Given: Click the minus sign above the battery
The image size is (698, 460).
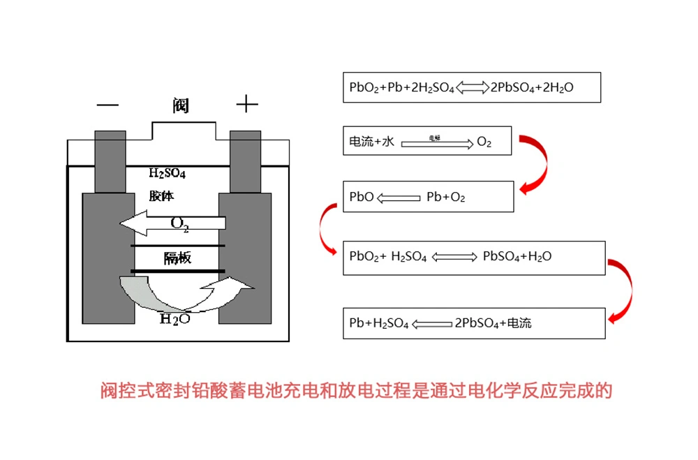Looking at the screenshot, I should [x=107, y=105].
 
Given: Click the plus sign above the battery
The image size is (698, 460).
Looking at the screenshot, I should [x=246, y=105].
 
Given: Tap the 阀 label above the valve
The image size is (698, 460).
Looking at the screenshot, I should [x=180, y=106].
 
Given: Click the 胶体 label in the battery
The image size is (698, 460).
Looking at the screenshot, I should [x=161, y=196].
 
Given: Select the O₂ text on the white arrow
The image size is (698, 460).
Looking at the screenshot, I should [x=180, y=224].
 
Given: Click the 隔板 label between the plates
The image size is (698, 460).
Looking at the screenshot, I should [x=177, y=258].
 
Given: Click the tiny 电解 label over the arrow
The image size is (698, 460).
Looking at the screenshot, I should [x=434, y=138].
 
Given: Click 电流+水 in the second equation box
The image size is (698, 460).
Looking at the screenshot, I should [x=372, y=142].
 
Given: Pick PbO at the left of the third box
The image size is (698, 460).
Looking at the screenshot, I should [x=361, y=198].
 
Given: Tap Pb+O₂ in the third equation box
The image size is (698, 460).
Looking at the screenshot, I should [x=445, y=198].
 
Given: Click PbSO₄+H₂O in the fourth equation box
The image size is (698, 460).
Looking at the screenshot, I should [x=517, y=257].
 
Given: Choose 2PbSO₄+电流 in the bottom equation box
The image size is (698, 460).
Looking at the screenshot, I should [x=493, y=323].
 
